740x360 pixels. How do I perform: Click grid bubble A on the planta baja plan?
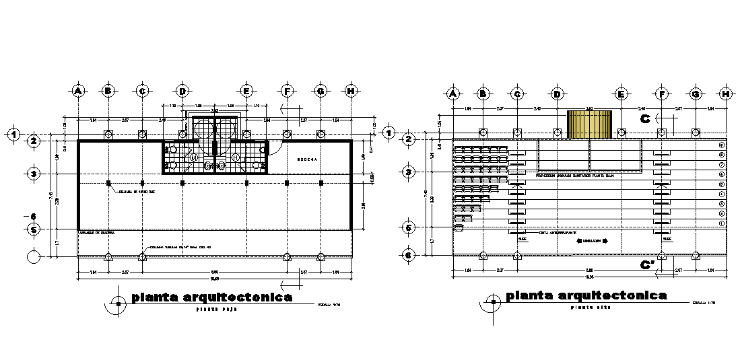point(78,90)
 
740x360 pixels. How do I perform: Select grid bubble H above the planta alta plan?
point(725,94)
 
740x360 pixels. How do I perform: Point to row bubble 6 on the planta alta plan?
point(408,255)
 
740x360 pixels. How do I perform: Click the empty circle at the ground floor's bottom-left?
point(32,256)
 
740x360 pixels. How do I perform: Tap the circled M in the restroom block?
point(194,157)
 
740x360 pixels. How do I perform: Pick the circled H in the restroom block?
point(236,157)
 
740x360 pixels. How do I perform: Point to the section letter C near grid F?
point(644,118)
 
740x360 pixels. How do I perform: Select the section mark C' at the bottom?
point(647,264)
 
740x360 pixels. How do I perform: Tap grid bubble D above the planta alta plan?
point(556,94)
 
